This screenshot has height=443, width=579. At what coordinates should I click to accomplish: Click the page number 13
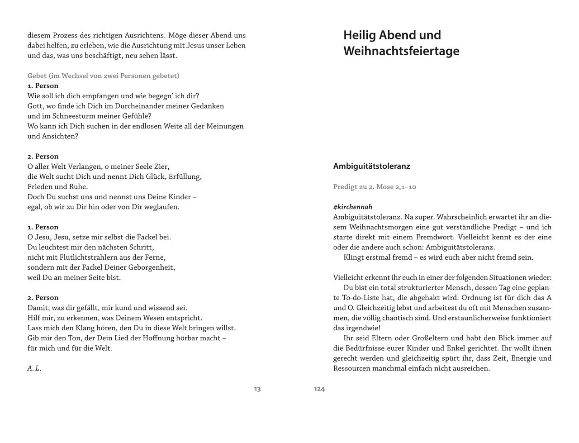click(257, 389)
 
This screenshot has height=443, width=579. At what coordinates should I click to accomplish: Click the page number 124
click(319, 389)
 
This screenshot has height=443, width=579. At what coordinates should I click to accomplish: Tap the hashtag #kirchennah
click(353, 207)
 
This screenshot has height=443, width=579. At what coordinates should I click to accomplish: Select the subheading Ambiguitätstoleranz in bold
click(371, 166)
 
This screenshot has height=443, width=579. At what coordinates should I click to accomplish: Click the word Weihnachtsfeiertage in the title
click(401, 51)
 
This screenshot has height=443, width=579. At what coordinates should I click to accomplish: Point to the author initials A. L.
click(34, 368)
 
